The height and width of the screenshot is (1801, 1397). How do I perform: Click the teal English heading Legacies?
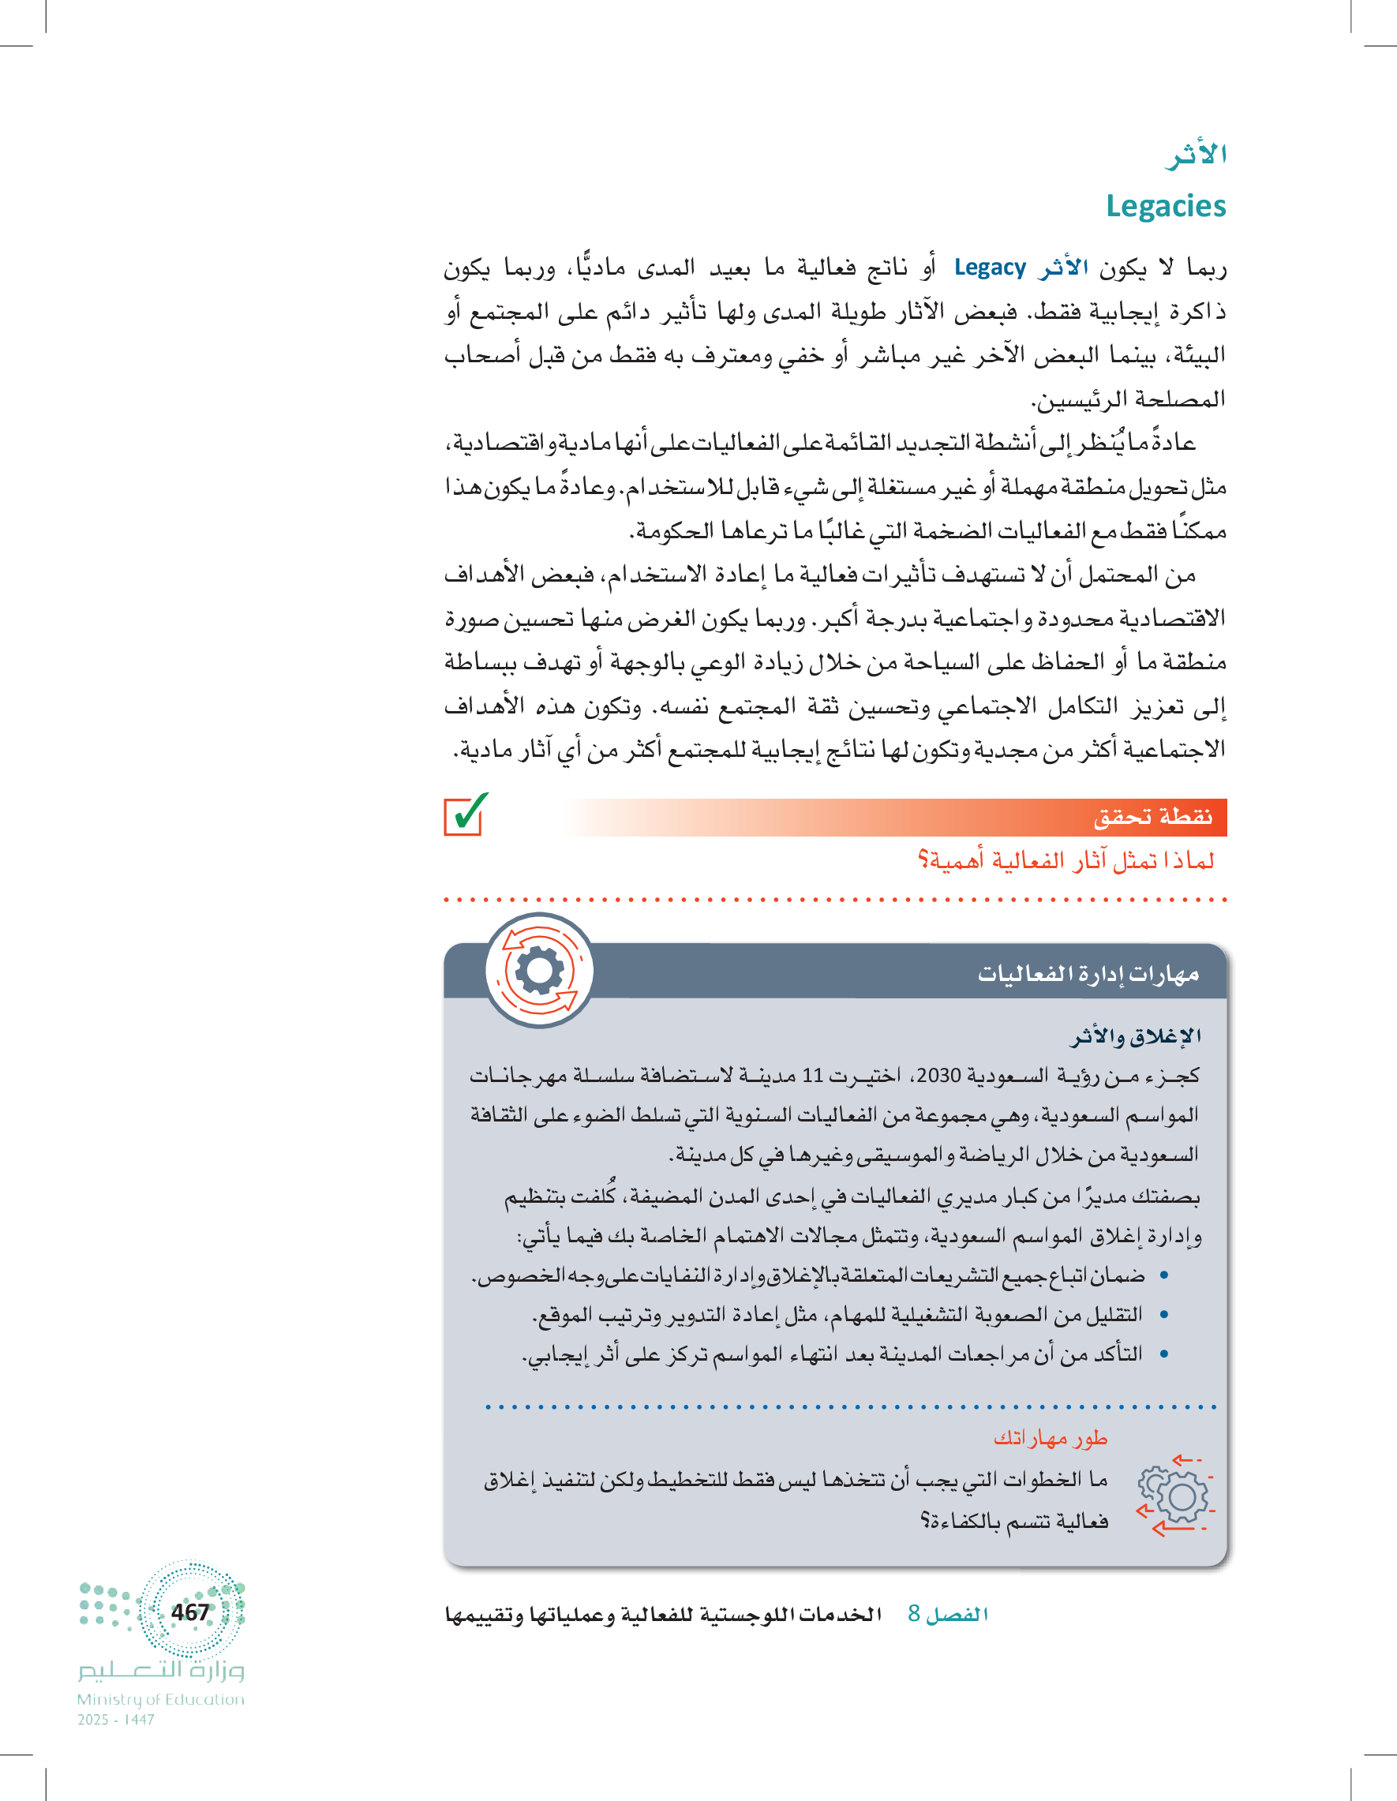tap(1165, 206)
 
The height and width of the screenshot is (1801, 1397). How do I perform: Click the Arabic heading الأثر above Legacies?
tap(1196, 155)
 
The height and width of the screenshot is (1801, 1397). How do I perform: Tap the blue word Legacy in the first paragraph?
tap(990, 268)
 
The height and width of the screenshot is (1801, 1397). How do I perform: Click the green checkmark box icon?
tap(465, 814)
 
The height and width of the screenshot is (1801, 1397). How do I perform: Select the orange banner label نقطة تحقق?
tap(1153, 817)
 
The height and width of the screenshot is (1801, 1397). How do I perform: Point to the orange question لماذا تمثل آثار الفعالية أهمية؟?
tap(1066, 861)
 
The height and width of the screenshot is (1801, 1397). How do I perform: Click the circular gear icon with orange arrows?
tap(540, 971)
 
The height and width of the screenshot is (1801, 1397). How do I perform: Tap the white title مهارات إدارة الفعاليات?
tap(1088, 974)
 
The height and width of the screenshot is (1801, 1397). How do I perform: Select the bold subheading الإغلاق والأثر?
tap(1136, 1036)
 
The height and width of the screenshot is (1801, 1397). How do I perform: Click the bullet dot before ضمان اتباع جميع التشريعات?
tap(1163, 1275)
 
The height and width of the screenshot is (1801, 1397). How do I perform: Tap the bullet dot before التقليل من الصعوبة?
tap(1163, 1315)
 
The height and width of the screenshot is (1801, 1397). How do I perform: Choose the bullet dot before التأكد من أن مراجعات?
tap(1163, 1354)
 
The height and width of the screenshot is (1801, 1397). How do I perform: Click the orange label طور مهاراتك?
tap(1050, 1438)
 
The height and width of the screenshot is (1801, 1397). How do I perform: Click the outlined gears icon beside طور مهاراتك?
tap(1174, 1494)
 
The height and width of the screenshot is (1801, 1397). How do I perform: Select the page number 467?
tap(190, 1612)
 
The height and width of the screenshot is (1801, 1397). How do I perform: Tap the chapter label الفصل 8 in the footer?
tap(948, 1614)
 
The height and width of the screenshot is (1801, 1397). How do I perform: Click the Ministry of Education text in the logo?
tap(161, 1699)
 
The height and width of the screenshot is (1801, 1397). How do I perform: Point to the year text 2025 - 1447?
tap(116, 1720)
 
